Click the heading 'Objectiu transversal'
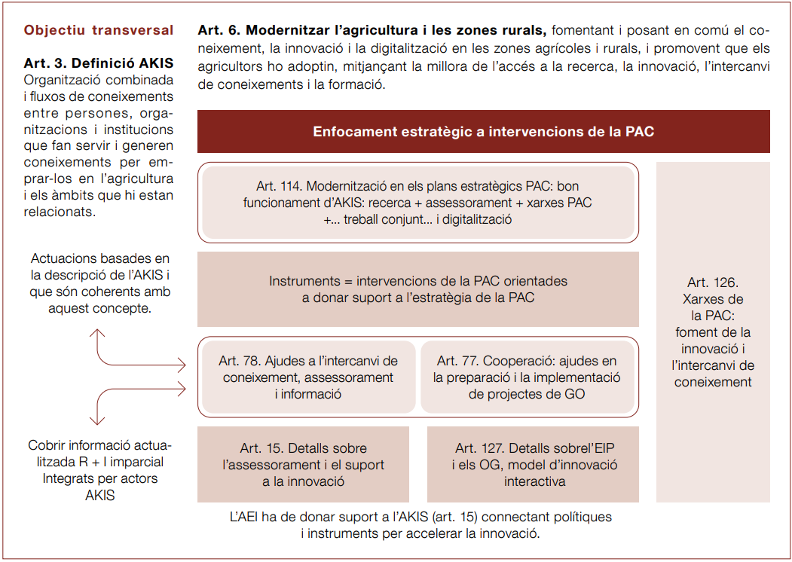[99, 31]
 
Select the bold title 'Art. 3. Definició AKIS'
[99, 63]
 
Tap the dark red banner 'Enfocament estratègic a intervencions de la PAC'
[483, 131]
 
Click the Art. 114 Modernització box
[418, 203]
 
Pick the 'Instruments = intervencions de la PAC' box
[418, 289]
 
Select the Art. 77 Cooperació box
[527, 377]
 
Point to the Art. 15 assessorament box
[303, 464]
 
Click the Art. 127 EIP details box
[534, 464]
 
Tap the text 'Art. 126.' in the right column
[713, 283]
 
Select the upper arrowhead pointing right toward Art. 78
[181, 366]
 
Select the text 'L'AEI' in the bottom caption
[245, 518]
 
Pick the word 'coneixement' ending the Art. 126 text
[713, 382]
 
